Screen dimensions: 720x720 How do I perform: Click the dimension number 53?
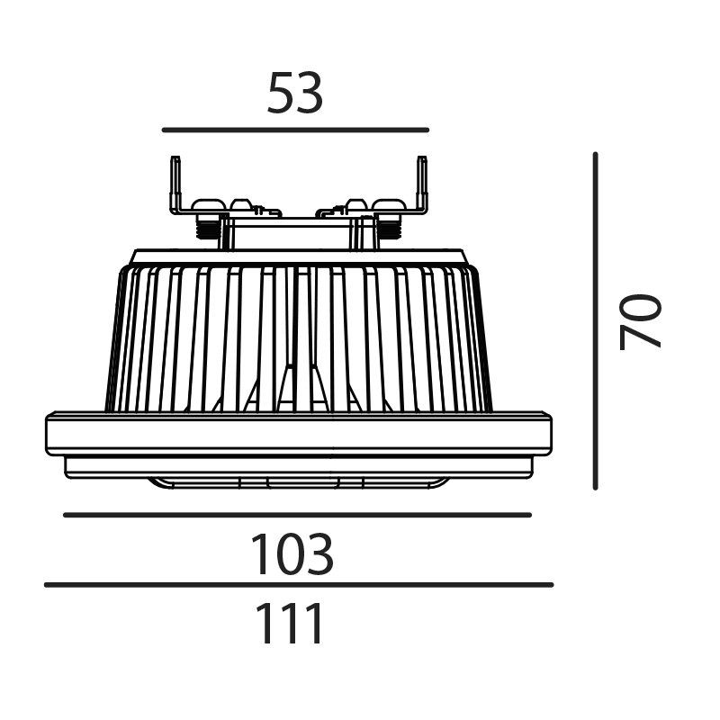[x=295, y=94]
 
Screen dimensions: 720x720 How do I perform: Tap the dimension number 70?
[x=640, y=322]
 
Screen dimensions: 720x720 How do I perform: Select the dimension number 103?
[x=292, y=553]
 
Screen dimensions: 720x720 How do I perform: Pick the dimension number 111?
[x=290, y=623]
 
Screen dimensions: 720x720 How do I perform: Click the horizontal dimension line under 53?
[x=295, y=130]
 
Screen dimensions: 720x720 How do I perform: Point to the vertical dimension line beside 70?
[x=595, y=321]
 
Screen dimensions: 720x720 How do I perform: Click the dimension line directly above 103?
[x=297, y=515]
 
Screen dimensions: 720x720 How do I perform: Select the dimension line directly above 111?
[x=299, y=584]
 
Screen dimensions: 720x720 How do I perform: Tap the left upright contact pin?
[x=175, y=184]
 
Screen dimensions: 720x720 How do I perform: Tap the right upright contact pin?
[x=421, y=184]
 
